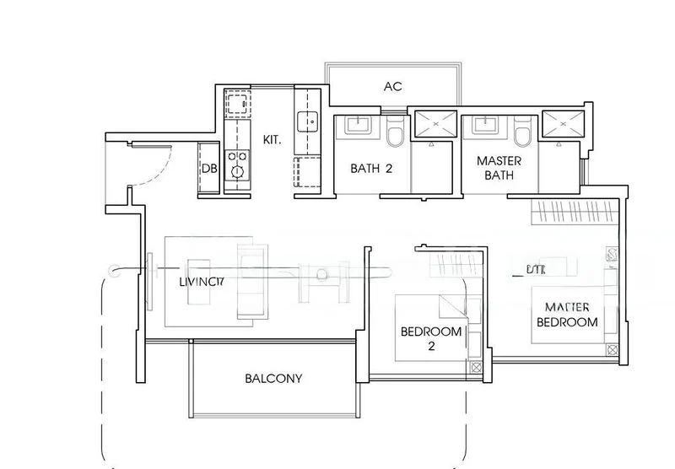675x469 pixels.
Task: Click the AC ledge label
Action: pos(392,86)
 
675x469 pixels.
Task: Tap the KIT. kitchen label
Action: pos(273,138)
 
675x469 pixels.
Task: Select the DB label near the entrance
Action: pos(209,169)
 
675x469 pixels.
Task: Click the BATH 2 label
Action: pos(371,168)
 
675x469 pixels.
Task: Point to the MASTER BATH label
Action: pos(499,168)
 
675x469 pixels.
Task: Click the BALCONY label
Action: pos(273,378)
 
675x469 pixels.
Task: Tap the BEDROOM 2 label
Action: pos(431,338)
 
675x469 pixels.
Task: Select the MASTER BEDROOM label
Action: pos(570,314)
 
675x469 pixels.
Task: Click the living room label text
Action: pos(201,283)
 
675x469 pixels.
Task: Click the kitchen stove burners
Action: pos(238,162)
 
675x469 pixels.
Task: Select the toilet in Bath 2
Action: pos(395,132)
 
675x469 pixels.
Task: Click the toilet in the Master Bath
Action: pos(522,132)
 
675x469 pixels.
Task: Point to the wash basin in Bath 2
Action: pos(354,126)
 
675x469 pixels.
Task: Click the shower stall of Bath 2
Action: pos(435,126)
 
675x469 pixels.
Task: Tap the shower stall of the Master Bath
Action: pos(563,126)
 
